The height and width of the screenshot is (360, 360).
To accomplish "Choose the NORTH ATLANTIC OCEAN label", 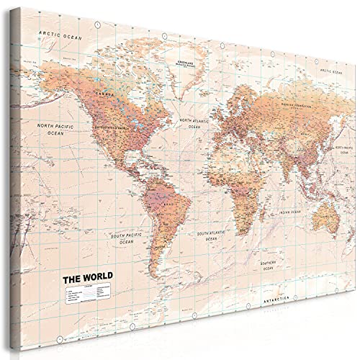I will coord(191,124).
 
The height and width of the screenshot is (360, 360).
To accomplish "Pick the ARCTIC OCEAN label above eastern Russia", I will coord(331,73).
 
